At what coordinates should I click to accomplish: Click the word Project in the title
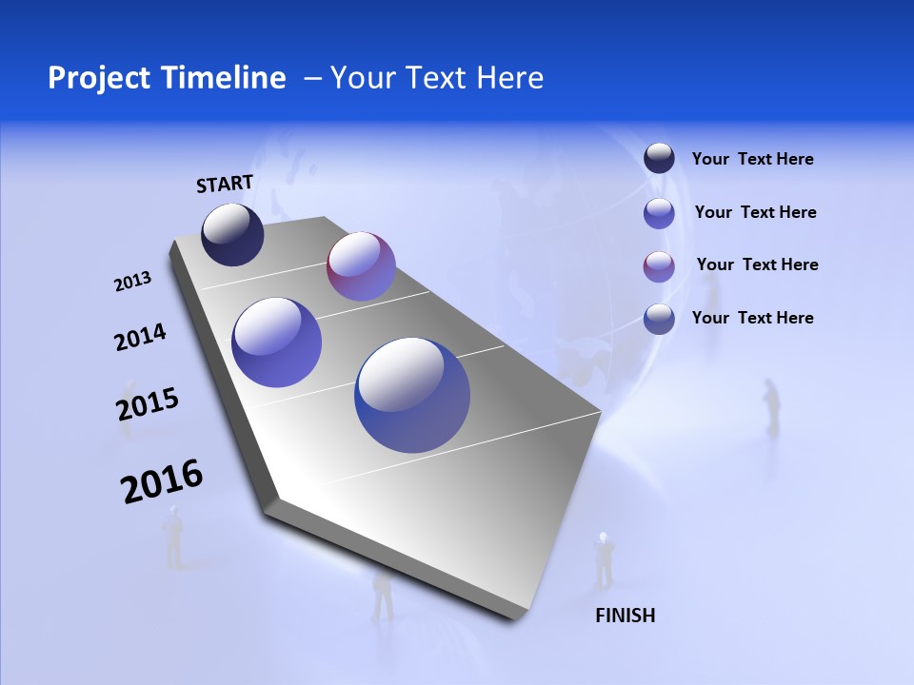point(95,78)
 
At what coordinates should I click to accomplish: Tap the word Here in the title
point(509,78)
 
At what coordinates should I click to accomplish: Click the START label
point(225,184)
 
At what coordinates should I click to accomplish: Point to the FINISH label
point(626,616)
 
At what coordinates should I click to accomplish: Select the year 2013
point(132,282)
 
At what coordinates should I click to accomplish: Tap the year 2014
point(140,338)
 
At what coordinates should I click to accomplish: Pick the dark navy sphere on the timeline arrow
point(232,235)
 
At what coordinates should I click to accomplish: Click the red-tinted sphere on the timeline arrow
point(361,266)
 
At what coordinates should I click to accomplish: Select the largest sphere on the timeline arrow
point(412,395)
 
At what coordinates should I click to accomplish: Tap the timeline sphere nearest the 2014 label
point(277,342)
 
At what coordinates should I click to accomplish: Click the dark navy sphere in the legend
point(659,159)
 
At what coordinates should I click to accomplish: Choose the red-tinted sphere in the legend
point(659,265)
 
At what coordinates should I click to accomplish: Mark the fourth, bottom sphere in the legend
point(659,319)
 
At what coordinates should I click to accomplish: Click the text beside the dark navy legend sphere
point(752,160)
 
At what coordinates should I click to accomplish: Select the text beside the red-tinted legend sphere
point(757,264)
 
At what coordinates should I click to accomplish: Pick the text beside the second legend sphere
point(755,212)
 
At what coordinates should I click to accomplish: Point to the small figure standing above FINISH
point(603,559)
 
